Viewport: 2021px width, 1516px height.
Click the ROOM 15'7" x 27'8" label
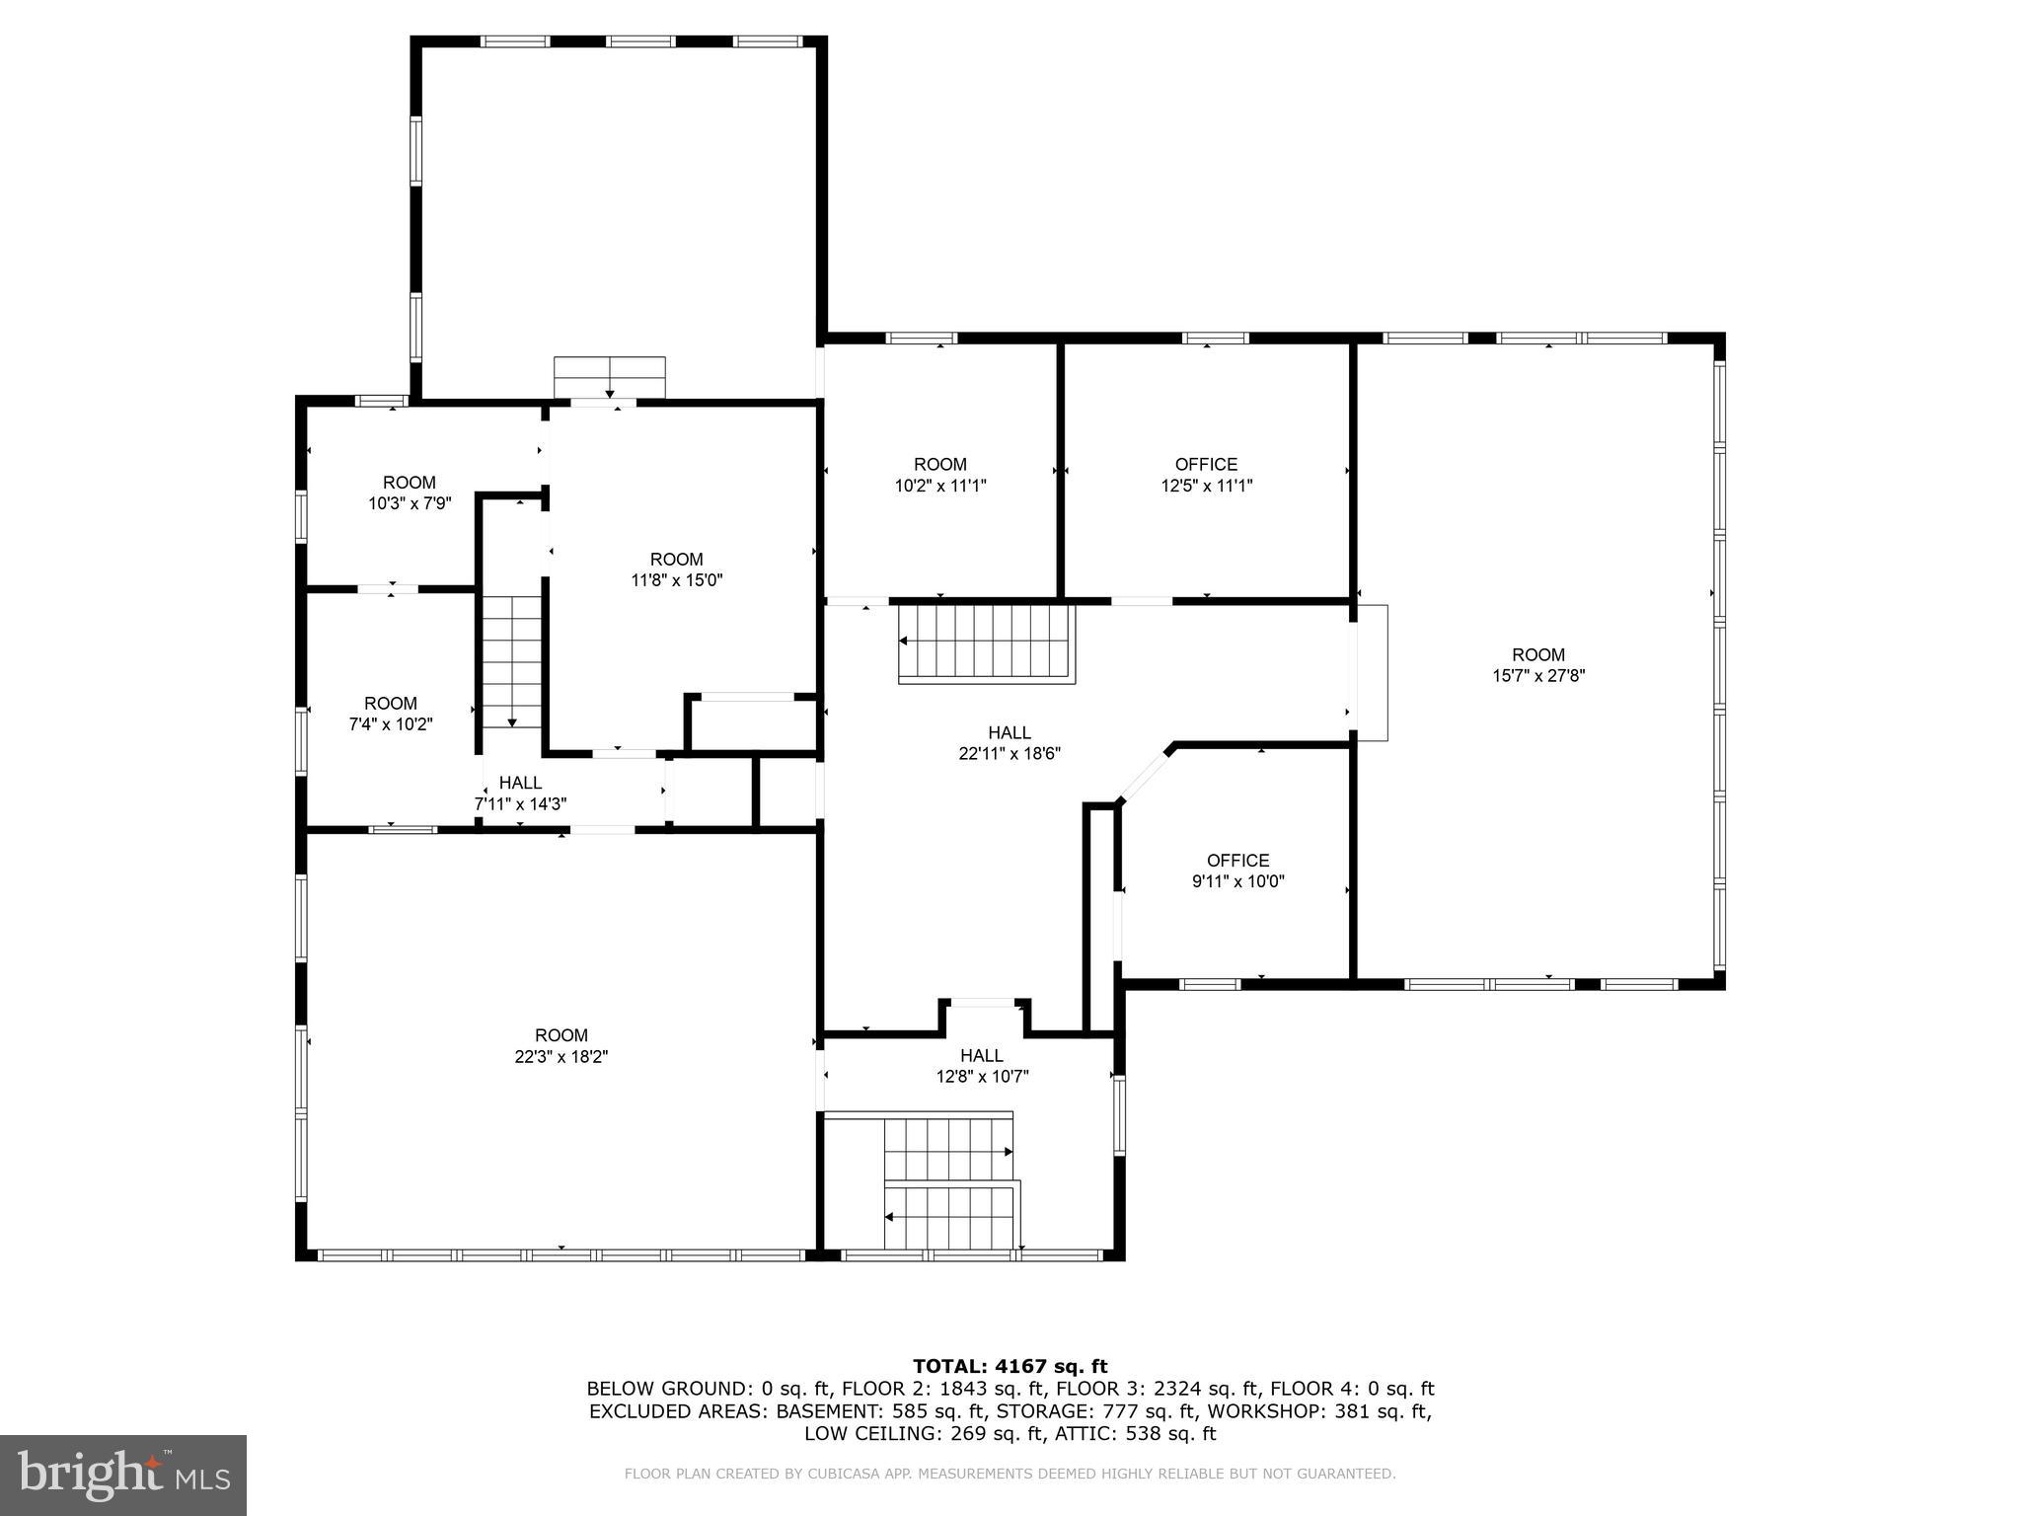click(1538, 665)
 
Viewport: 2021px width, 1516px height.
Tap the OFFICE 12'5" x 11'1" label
click(1206, 475)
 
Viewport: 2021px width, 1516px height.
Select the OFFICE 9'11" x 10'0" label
click(1237, 871)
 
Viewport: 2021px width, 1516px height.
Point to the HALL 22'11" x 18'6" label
click(1010, 742)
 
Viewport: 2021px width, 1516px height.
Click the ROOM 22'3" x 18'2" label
click(561, 1045)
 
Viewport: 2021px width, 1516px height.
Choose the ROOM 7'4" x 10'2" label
click(391, 713)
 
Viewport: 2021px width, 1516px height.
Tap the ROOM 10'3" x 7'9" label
click(409, 492)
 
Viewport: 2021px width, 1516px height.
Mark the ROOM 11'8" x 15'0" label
click(677, 569)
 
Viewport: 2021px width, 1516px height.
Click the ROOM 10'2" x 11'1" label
click(939, 475)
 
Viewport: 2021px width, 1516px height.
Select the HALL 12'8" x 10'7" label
click(982, 1066)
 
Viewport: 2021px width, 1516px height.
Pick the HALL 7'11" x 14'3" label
click(520, 794)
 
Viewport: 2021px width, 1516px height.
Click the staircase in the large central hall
click(986, 643)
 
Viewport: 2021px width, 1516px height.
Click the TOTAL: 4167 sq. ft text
click(1010, 1366)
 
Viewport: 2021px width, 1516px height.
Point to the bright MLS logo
click(123, 1475)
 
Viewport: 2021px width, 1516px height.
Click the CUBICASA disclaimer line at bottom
click(1010, 1475)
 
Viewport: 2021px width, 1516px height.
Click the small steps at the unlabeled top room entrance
click(609, 377)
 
